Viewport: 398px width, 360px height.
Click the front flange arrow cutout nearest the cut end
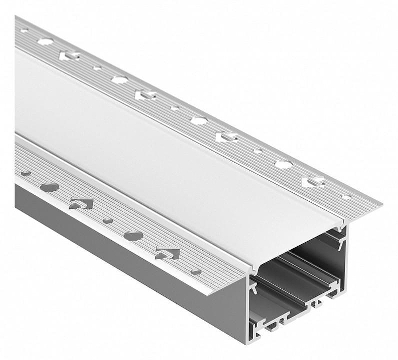[x=168, y=253]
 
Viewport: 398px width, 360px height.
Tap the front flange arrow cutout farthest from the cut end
[x=81, y=203]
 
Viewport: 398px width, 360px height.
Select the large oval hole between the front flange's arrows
[x=133, y=235]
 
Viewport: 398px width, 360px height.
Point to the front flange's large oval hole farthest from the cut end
[x=49, y=187]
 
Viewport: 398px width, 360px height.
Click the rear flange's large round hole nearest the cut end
[x=284, y=164]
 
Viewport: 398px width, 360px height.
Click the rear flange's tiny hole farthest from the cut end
[x=23, y=30]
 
